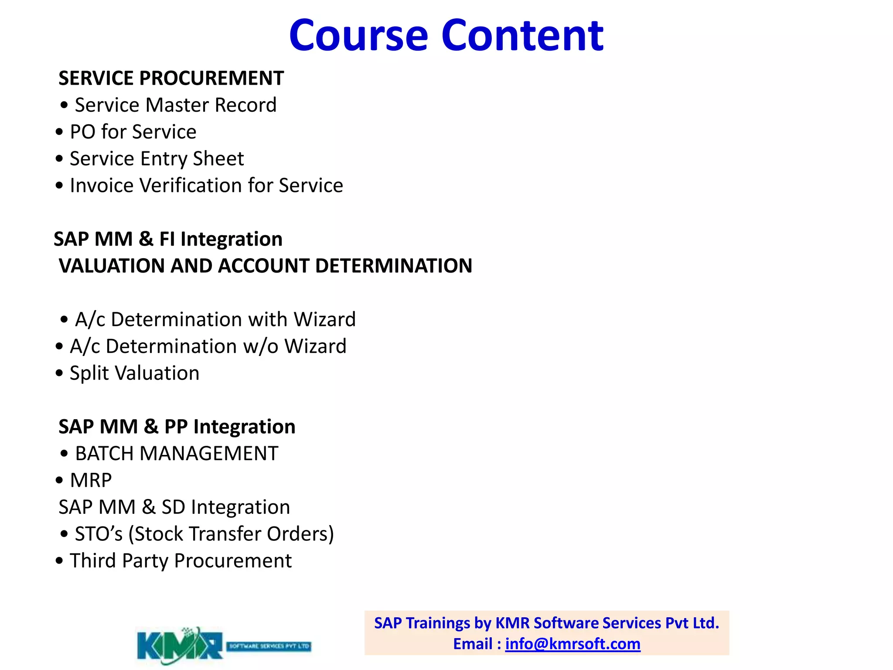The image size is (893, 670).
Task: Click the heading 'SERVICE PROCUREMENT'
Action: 171,79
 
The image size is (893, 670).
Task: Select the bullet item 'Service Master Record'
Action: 175,105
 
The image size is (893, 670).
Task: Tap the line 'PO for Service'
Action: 133,132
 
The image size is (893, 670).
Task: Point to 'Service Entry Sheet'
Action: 157,159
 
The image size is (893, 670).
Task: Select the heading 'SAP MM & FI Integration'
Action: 168,239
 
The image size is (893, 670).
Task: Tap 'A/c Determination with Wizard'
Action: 215,319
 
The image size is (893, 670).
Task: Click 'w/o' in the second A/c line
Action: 260,346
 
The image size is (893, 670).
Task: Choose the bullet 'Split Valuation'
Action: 134,373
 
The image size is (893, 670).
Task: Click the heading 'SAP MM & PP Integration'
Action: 177,427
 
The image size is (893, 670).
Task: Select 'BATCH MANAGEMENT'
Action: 176,454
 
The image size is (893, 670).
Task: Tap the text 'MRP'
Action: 91,480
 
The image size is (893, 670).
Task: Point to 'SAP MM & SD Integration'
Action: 174,507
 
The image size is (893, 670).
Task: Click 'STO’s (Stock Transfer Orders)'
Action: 204,534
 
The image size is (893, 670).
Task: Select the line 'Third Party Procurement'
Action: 181,561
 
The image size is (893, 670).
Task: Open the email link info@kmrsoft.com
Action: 573,644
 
